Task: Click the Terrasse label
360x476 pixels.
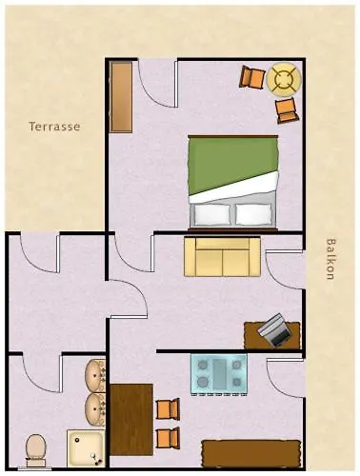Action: coord(54,127)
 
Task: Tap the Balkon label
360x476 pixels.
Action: coord(330,259)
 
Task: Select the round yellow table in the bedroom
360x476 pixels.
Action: coord(284,79)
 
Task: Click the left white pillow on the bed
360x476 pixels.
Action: coord(212,214)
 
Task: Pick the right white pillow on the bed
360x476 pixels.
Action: coord(254,214)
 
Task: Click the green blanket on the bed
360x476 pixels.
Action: coord(233,165)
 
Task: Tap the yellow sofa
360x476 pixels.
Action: coord(222,257)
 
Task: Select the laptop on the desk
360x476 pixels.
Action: coord(274,329)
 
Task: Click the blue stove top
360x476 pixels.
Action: coord(219,374)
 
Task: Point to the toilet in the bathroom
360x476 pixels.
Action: coord(35,450)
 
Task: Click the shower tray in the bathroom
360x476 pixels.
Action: coord(86,448)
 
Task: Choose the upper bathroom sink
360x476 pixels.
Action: coord(95,376)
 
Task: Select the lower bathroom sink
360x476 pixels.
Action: coord(95,409)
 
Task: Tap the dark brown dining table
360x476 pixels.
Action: coord(131,420)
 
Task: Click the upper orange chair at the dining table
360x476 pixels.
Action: coord(169,408)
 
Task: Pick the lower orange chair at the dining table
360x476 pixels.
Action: coord(169,438)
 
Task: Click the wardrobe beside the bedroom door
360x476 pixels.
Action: coord(121,97)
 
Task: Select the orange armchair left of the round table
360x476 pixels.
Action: coord(252,76)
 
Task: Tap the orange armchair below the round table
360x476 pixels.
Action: coord(288,110)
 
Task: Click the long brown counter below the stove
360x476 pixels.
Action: coord(250,453)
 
